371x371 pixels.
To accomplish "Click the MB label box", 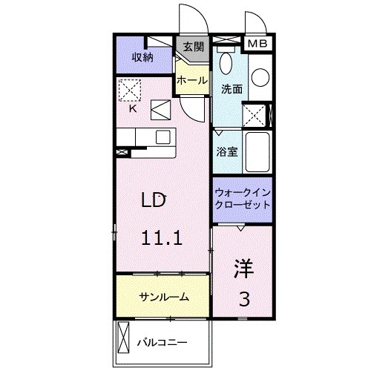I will coord(259,43).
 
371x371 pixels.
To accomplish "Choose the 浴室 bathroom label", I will coord(226,151).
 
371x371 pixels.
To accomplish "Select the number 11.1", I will coord(162,238).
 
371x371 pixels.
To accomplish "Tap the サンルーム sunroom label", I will coord(163,297).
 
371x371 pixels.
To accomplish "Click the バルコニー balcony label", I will coord(162,342).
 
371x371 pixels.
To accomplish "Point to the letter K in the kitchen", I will coord(134,108).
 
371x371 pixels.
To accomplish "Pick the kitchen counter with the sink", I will coord(144,138).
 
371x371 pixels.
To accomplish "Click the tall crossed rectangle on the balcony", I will coord(122,342).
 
